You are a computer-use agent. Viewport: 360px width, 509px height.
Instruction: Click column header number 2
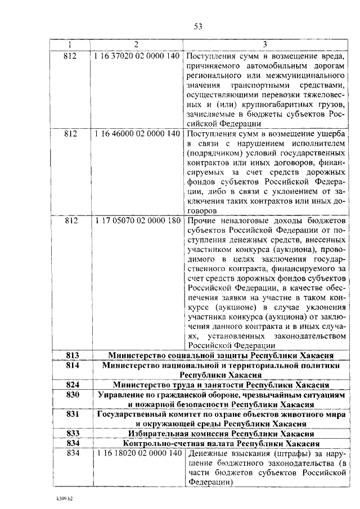click(x=136, y=45)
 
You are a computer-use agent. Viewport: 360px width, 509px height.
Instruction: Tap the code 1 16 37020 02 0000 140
click(x=136, y=56)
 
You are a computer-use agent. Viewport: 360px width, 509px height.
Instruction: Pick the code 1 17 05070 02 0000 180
click(x=136, y=221)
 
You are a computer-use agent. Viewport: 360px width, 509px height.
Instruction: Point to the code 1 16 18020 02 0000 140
click(x=136, y=453)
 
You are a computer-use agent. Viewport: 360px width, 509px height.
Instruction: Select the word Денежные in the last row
click(x=208, y=453)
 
